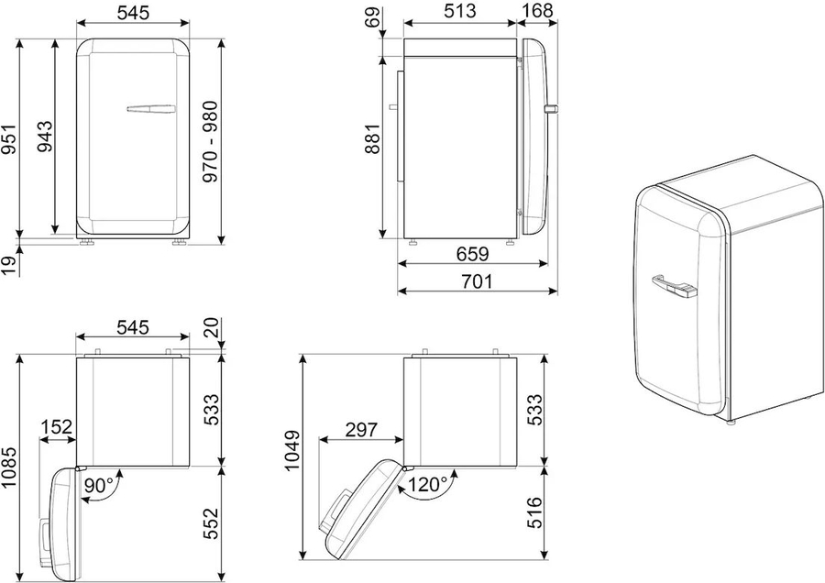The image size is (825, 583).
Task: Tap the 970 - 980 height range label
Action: click(211, 141)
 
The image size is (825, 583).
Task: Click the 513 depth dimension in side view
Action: click(460, 10)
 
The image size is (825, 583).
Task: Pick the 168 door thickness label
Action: click(537, 10)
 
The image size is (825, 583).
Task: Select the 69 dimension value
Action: click(372, 16)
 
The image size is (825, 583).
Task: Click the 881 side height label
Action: click(372, 139)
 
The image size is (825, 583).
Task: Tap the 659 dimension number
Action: click(472, 254)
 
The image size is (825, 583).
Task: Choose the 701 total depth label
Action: click(477, 281)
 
